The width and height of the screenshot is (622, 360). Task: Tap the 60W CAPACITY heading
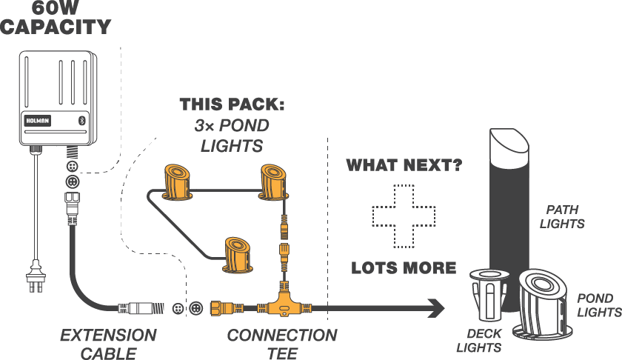[x=56, y=18]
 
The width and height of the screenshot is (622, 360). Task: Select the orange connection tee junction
[x=282, y=303]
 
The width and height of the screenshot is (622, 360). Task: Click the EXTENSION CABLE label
[x=108, y=344]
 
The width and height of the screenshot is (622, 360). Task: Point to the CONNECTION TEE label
[x=281, y=344]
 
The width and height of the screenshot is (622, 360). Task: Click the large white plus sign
[x=403, y=216]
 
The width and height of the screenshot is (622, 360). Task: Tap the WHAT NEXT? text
[x=404, y=164]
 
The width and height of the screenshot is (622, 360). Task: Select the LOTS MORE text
[x=404, y=267]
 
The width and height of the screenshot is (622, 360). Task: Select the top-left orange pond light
[x=177, y=181]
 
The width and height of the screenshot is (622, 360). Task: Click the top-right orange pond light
[x=271, y=182]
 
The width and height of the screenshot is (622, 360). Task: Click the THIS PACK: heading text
[x=233, y=104]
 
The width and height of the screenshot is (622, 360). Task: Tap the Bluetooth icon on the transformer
[x=83, y=119]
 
